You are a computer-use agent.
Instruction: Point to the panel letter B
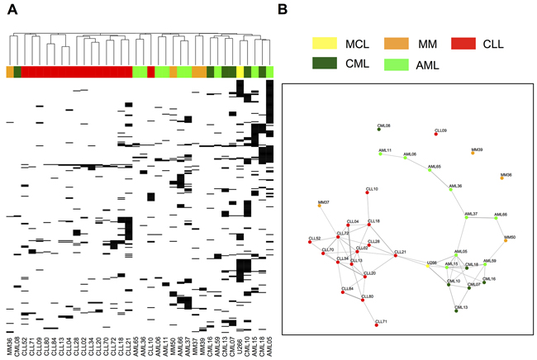click(x=283, y=9)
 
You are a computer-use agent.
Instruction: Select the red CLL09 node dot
click(x=436, y=132)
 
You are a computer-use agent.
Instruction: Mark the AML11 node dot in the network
click(x=378, y=154)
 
